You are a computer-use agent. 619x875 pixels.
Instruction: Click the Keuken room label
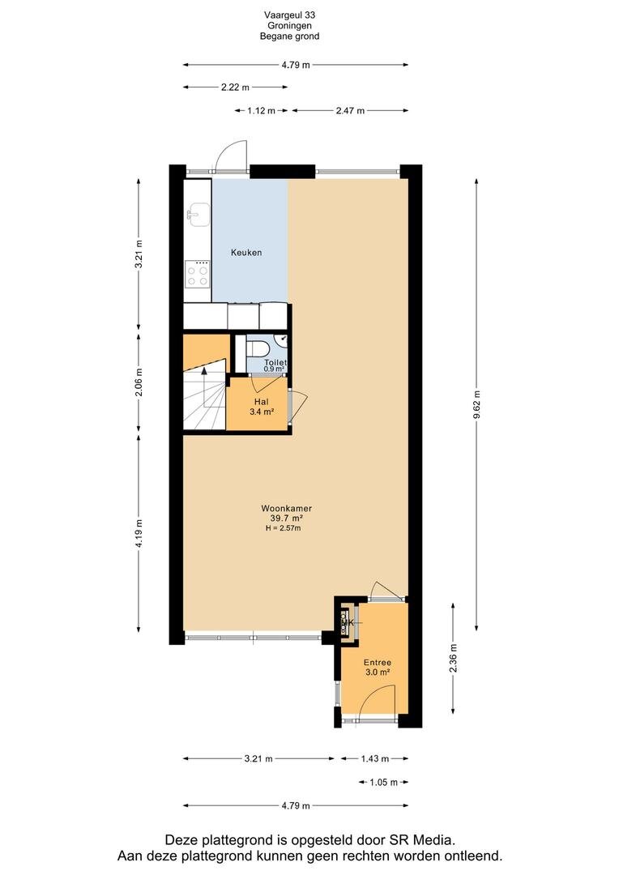246,253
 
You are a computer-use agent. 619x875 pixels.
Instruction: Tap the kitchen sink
198,215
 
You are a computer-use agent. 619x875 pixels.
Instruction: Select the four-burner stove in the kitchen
197,275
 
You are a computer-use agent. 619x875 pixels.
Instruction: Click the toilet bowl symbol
258,348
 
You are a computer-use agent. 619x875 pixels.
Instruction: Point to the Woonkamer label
286,508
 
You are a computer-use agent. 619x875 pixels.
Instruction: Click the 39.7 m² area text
286,519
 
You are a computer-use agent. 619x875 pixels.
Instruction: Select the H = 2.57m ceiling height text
284,528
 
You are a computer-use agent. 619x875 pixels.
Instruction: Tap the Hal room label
261,402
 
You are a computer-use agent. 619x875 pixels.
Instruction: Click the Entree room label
378,663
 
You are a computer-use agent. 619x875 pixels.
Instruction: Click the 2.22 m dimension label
235,87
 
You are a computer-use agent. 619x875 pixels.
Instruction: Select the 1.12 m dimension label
261,110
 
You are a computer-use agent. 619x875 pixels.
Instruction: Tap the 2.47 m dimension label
350,110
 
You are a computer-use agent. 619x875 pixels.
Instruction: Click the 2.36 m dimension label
453,658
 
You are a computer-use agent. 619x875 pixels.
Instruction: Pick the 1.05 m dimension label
383,783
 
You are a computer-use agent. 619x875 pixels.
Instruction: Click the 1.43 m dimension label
374,758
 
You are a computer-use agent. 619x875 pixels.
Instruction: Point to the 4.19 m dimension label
139,533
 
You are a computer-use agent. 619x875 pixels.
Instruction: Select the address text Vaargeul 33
290,15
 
